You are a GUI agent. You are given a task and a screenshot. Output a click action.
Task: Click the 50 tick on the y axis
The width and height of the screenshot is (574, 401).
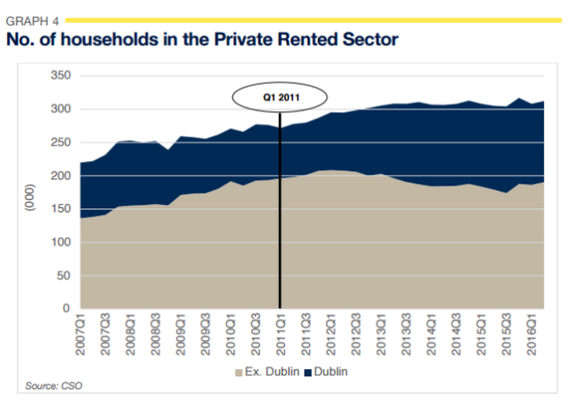click(61, 276)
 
